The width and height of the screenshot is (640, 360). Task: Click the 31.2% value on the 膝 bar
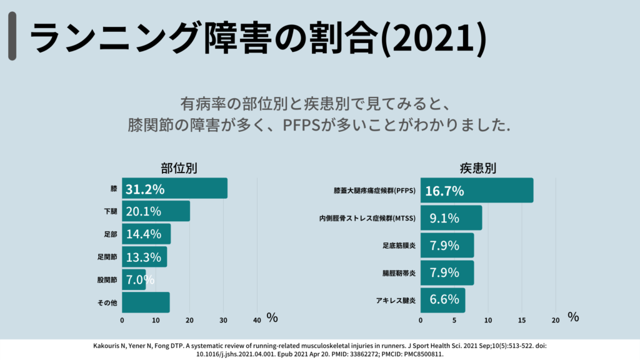click(145, 189)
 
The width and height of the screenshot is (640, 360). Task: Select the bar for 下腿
click(156, 211)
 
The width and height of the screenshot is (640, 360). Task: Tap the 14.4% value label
click(144, 234)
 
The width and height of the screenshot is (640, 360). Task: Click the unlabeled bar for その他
click(146, 302)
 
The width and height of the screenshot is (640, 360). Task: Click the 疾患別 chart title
click(478, 169)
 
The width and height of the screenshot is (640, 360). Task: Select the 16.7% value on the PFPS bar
click(444, 191)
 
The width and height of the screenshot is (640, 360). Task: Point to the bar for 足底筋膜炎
click(447, 246)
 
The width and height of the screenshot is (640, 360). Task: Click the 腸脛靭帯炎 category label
click(399, 273)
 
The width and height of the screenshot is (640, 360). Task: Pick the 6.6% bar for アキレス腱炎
click(442, 301)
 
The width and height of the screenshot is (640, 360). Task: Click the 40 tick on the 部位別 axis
click(257, 320)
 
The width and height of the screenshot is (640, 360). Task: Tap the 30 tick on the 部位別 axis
click(223, 320)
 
